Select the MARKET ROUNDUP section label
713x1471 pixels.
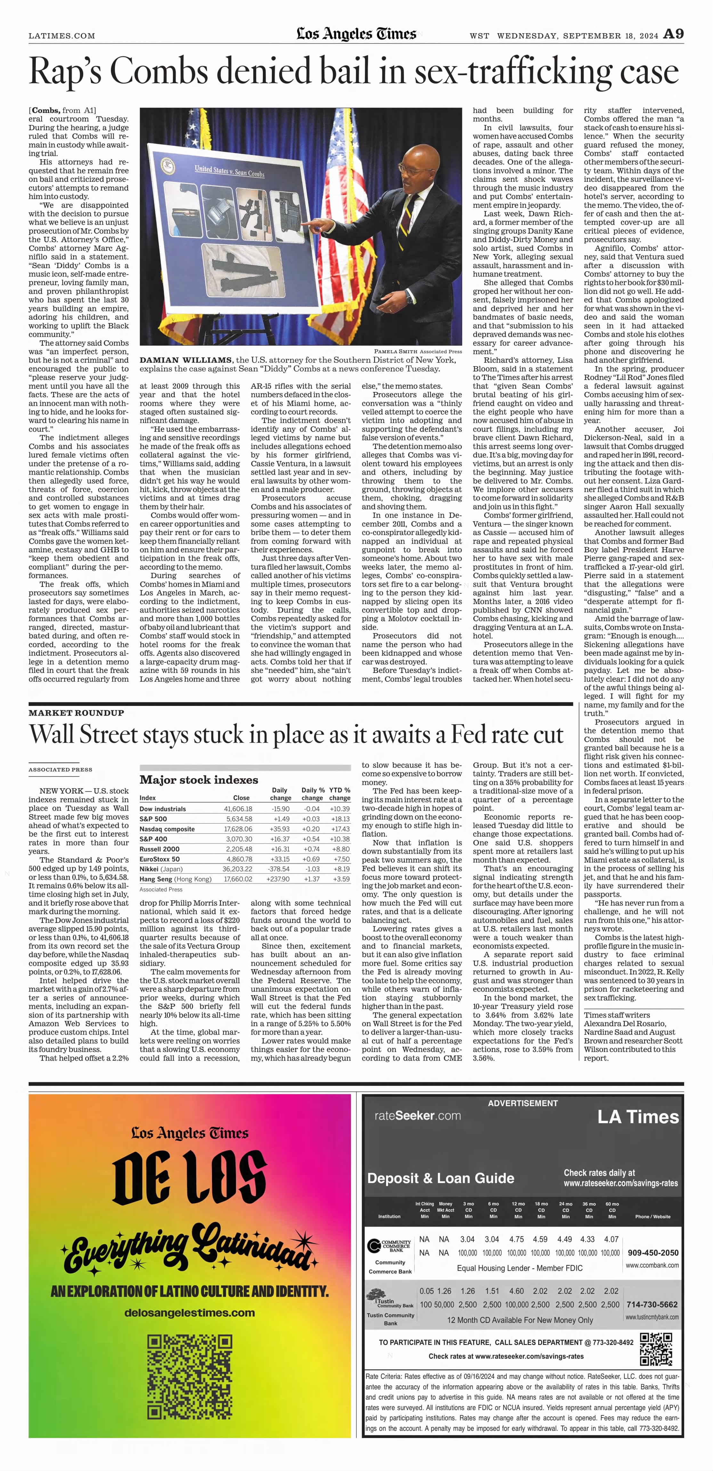click(x=76, y=713)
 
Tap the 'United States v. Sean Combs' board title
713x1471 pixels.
click(x=229, y=171)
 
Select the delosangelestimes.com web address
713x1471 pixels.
click(x=189, y=1313)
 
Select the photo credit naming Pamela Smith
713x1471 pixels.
click(x=417, y=351)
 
